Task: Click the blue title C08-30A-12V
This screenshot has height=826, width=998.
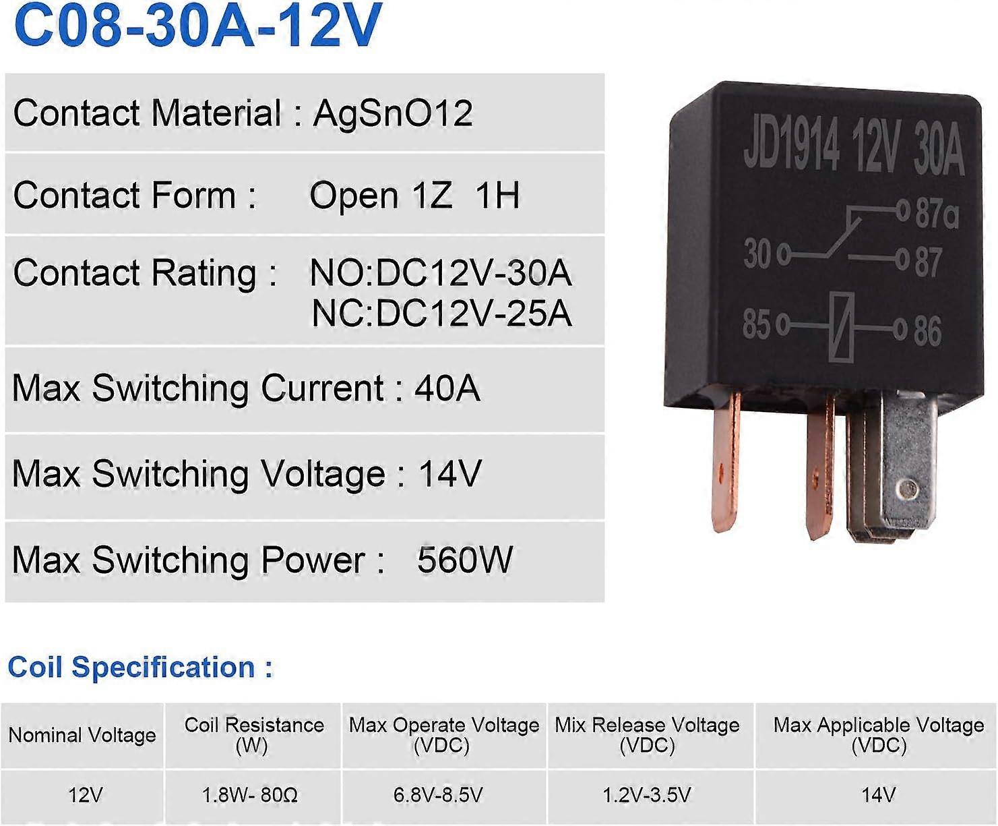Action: click(197, 26)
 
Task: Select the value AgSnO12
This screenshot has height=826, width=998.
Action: click(393, 113)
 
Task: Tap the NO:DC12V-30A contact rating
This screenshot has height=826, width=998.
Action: click(440, 273)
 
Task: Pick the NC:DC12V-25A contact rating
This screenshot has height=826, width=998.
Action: click(441, 314)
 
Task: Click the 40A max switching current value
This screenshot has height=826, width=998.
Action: click(447, 388)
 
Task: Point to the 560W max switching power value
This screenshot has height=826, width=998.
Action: click(465, 560)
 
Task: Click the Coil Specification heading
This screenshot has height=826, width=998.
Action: click(140, 668)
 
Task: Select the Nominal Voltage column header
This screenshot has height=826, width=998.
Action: click(82, 735)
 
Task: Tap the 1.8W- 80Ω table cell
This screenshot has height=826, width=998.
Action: click(250, 795)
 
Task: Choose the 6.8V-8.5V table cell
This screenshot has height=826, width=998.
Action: click(439, 795)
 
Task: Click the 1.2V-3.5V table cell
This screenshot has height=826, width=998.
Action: click(647, 795)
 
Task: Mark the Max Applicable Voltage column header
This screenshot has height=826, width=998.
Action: click(879, 734)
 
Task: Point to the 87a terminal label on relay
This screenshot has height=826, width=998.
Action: click(937, 214)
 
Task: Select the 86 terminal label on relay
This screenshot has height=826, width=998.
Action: click(927, 331)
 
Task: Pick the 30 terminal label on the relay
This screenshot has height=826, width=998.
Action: click(757, 254)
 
